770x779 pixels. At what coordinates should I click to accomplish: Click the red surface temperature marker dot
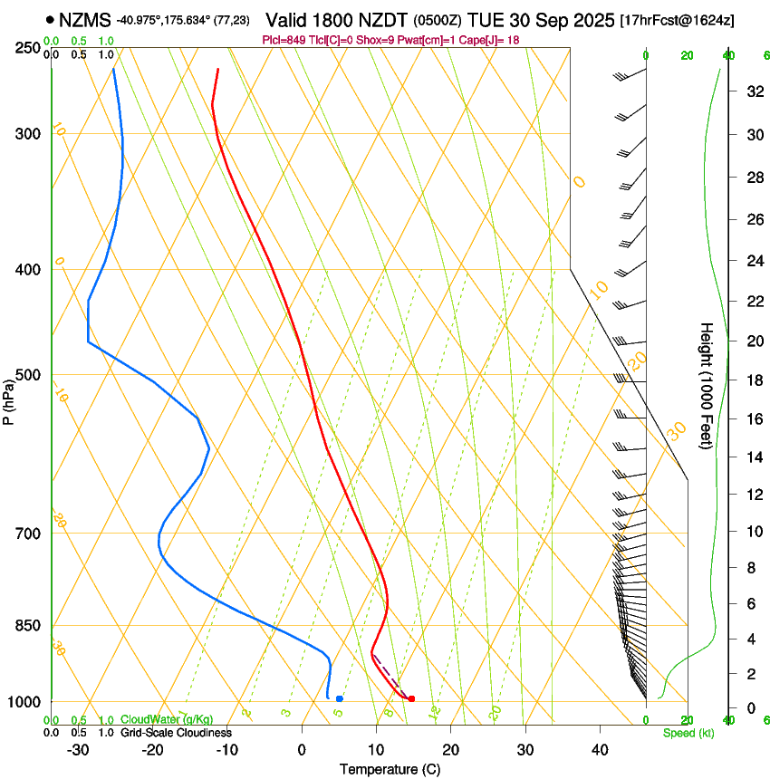tap(411, 698)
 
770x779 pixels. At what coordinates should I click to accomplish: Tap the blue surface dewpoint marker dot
tap(339, 698)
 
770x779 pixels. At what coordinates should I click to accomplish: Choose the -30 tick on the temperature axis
tap(78, 749)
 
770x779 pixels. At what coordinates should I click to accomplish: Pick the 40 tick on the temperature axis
tap(600, 749)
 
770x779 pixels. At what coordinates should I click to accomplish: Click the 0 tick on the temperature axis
tap(302, 749)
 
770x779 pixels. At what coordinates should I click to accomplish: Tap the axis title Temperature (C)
tap(390, 769)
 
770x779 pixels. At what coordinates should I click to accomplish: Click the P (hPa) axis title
tap(9, 400)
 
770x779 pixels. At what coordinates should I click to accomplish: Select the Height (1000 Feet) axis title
tap(707, 386)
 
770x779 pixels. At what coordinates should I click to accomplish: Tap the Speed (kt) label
tap(688, 733)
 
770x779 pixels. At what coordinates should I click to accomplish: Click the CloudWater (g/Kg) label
tap(167, 720)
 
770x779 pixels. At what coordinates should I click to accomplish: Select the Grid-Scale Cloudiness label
tap(176, 733)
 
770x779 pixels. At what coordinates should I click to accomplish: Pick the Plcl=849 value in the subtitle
tap(283, 40)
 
